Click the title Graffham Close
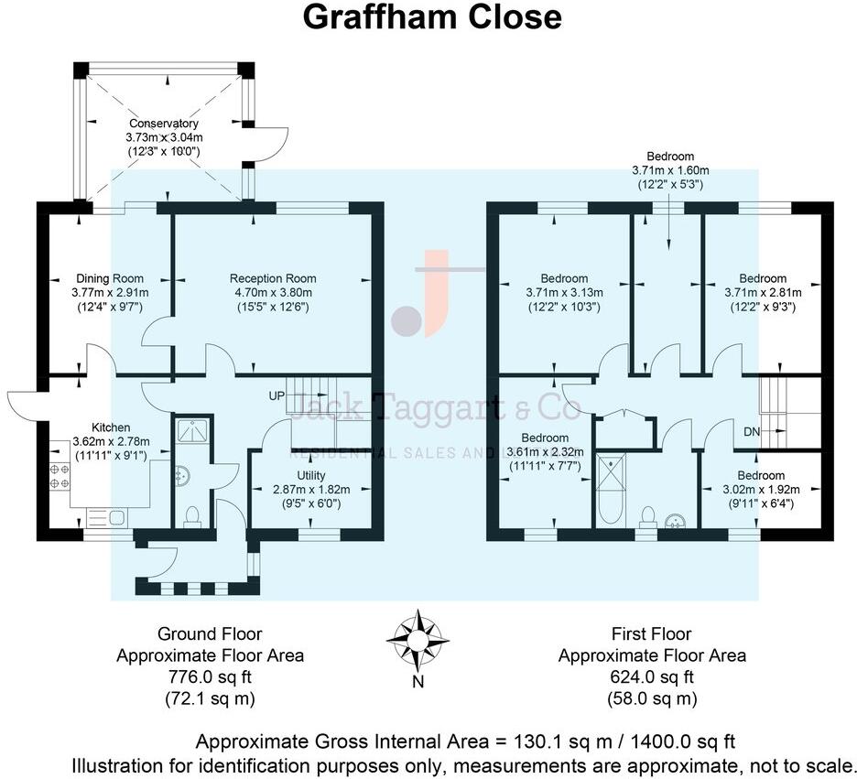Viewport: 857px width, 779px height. coord(432,16)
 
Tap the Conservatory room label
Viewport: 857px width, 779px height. coord(164,124)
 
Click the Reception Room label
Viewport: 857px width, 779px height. coord(273,278)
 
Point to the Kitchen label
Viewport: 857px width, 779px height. coord(110,427)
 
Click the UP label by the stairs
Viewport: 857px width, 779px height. coord(277,396)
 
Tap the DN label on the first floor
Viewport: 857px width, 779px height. coord(752,430)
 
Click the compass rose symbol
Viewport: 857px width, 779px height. coord(418,637)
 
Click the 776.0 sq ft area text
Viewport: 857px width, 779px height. coord(210,677)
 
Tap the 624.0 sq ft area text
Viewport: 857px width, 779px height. coord(652,677)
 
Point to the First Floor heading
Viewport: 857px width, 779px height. coord(652,633)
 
